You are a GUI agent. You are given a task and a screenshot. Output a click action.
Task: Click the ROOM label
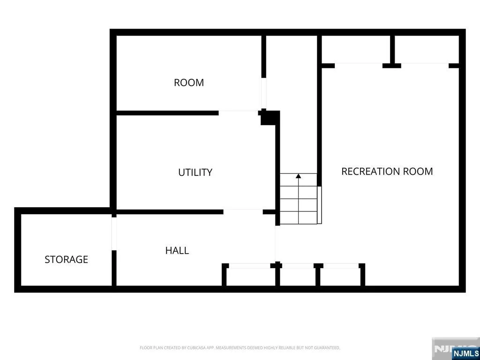click(x=188, y=82)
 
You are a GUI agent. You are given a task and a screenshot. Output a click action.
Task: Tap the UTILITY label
click(x=195, y=172)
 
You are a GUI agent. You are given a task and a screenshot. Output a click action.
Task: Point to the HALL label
click(x=177, y=251)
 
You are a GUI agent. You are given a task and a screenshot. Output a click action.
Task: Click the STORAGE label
click(x=66, y=260)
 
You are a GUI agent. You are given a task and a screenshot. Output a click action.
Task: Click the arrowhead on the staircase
click(x=299, y=176)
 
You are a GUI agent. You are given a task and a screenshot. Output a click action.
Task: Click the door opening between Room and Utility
click(x=239, y=113)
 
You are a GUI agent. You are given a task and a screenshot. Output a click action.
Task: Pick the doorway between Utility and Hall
click(x=243, y=212)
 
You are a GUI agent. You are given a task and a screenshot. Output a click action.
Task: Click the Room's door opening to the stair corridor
click(x=263, y=93)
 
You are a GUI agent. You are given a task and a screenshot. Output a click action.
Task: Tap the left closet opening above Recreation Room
click(x=359, y=66)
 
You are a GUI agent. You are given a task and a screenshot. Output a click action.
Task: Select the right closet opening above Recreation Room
click(x=425, y=66)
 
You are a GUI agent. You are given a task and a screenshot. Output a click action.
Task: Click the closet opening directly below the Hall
click(x=249, y=266)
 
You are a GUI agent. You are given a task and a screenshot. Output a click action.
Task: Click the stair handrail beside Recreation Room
click(x=320, y=205)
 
